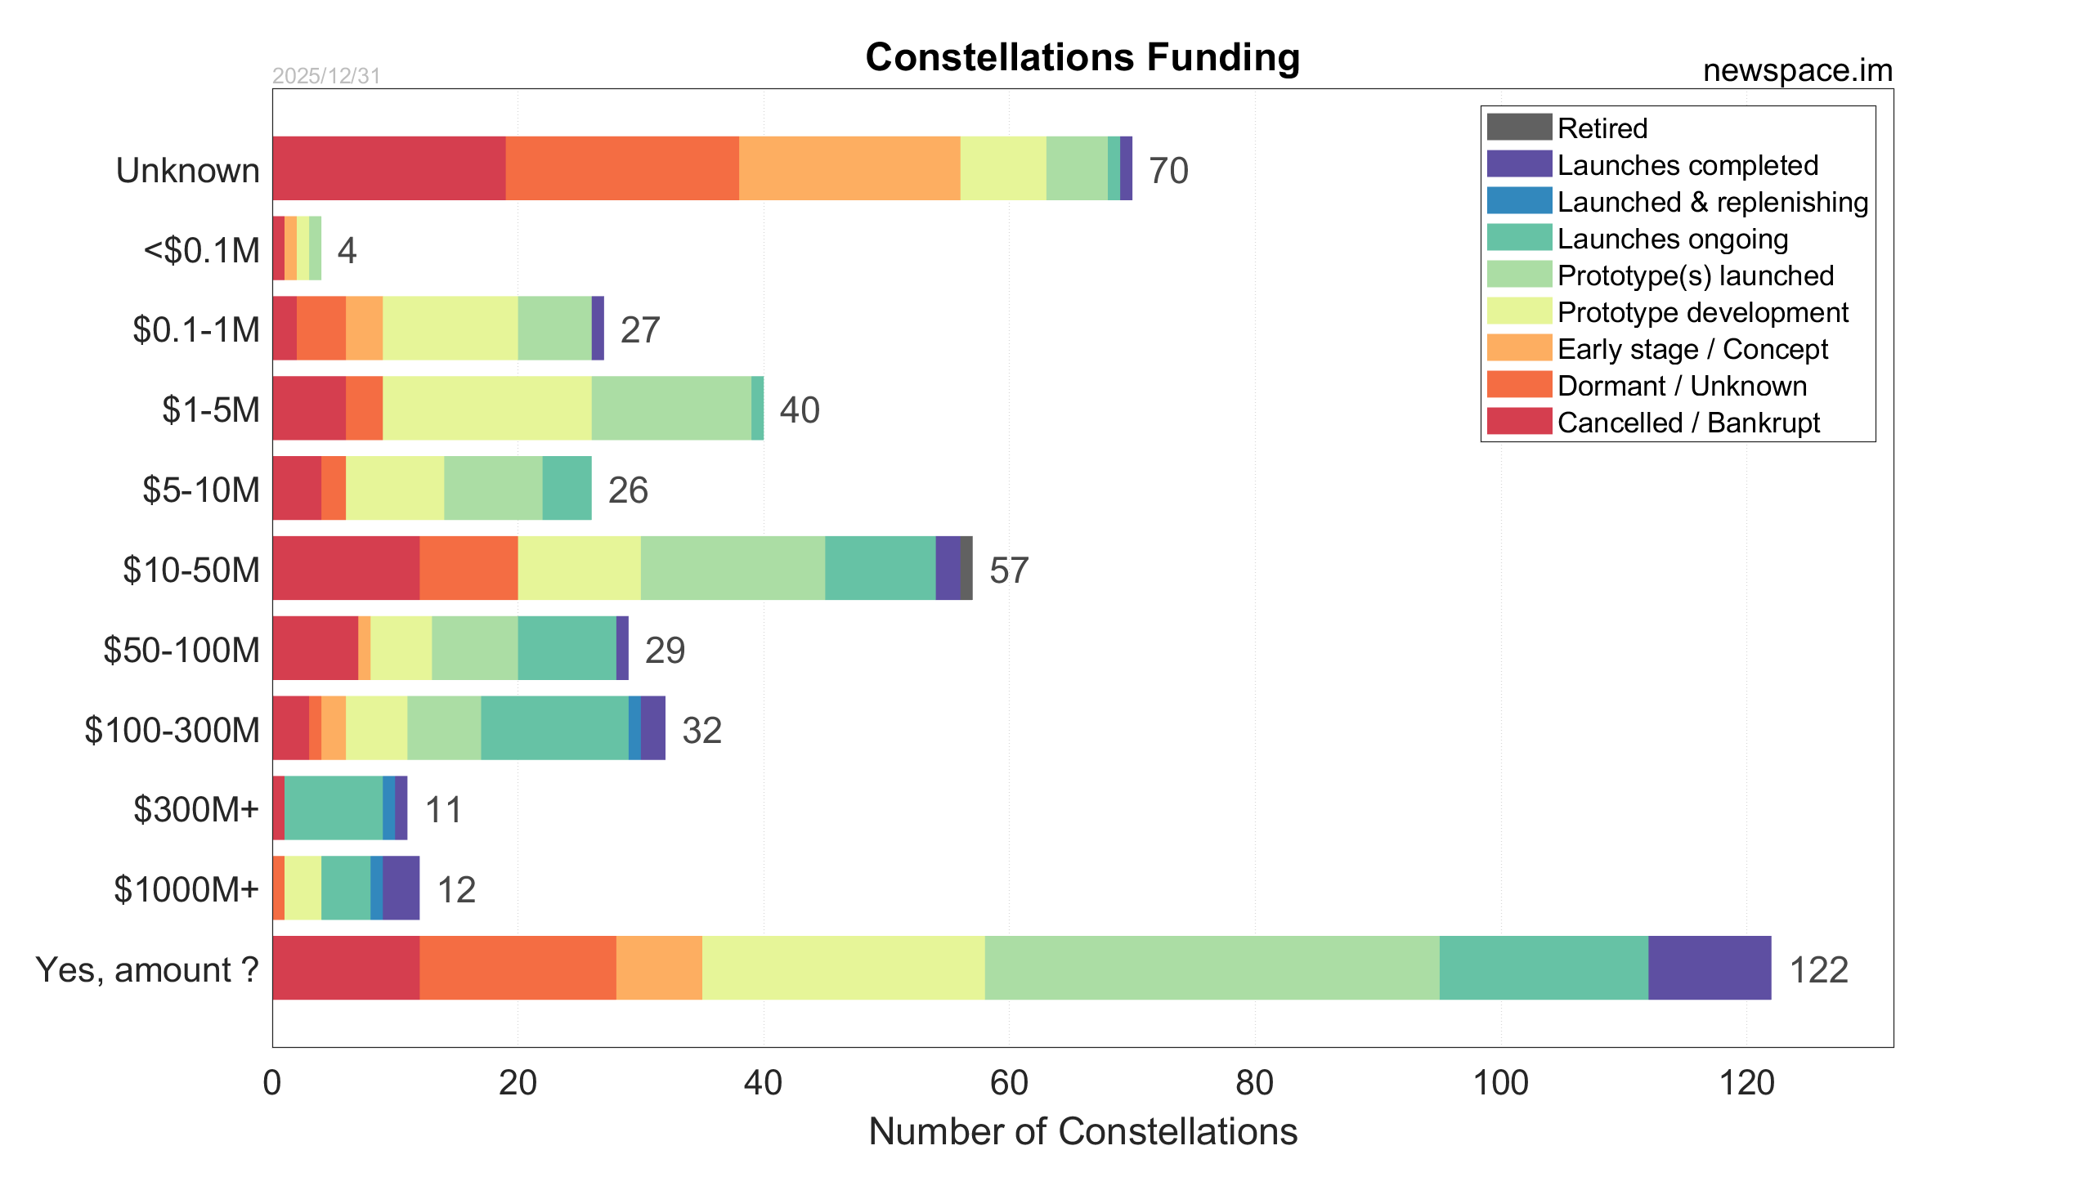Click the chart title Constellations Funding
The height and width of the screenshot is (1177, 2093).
tap(1082, 57)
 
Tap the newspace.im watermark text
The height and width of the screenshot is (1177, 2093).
tap(1797, 70)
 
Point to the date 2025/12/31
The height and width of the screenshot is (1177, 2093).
tap(326, 76)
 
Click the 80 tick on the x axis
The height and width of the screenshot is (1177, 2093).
tap(1254, 1083)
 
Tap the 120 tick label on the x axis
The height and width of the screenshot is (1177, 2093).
tap(1746, 1083)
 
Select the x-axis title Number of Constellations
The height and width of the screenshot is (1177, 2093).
tap(1082, 1132)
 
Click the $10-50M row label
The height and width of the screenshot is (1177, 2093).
tap(191, 570)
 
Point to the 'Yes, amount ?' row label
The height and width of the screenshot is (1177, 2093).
tap(147, 969)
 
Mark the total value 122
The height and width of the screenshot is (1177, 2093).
tap(1818, 970)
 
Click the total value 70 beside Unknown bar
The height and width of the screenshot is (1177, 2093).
tap(1168, 171)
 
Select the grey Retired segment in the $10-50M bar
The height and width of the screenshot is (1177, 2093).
tap(966, 568)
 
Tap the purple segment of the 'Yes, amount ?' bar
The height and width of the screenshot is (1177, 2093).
tap(1710, 968)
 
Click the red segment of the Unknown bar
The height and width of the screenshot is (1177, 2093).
tap(389, 168)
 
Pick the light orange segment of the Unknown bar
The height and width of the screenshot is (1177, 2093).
tap(849, 168)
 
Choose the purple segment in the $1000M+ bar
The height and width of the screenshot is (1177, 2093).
tap(401, 888)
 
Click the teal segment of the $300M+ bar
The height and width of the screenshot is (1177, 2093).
tap(334, 808)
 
